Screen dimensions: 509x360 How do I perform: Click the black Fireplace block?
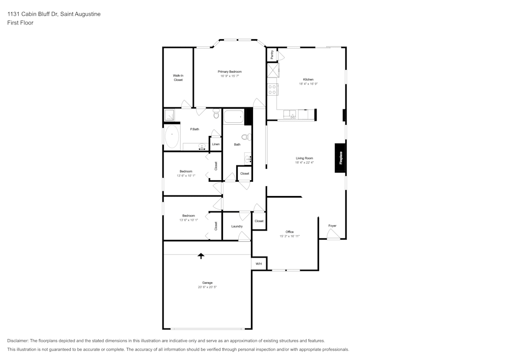point(340,158)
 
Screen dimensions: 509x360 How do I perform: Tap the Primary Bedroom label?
point(230,72)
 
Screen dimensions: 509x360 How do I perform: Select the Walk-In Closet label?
point(178,77)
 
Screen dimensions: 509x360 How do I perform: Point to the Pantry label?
point(272,54)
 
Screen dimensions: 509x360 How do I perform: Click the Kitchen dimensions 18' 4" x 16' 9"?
point(308,84)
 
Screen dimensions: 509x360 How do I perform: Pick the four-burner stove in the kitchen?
point(272,90)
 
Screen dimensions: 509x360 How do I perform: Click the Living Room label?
point(304,158)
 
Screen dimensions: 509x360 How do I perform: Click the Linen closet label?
point(216,144)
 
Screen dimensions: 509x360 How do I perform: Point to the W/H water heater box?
point(259,264)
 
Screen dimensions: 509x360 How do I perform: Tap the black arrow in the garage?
point(201,256)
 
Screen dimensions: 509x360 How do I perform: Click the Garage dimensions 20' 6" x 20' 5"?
point(208,287)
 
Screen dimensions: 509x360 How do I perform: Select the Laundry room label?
point(237,226)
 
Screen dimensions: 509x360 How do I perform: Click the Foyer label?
point(332,226)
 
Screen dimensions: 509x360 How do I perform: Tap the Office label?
point(290,232)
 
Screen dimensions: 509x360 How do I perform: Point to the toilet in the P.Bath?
point(216,114)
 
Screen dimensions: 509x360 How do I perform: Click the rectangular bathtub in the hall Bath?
point(234,117)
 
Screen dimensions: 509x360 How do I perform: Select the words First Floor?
point(20,23)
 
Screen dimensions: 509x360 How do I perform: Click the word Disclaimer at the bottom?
point(18,341)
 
